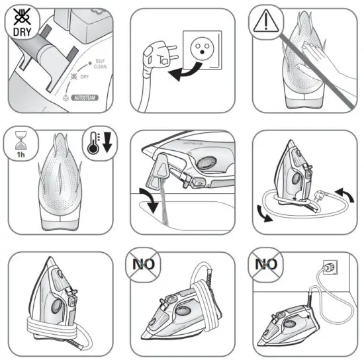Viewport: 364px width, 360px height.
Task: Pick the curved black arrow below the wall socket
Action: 185,72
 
